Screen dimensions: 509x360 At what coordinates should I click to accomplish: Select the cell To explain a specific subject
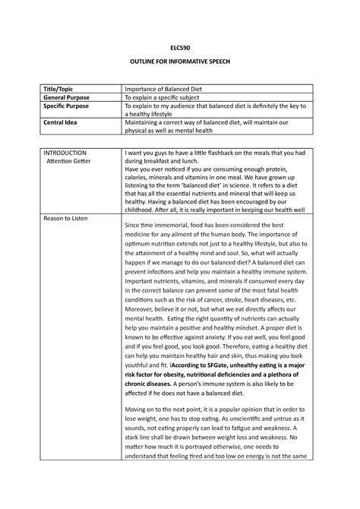[167, 98]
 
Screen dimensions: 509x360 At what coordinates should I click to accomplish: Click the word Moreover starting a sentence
[142, 289]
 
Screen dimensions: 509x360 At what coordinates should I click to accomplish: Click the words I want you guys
[149, 153]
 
